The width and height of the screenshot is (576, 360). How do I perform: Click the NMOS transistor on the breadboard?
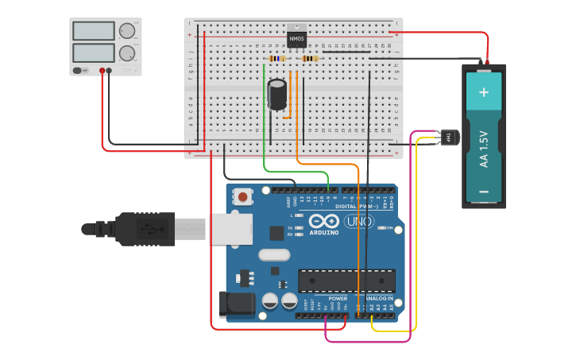(296, 38)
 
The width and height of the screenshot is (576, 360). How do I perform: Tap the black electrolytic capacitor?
(277, 94)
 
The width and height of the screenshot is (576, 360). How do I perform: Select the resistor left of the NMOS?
(276, 59)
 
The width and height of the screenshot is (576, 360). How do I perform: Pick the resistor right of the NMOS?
(310, 59)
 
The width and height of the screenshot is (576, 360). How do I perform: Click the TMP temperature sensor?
(450, 137)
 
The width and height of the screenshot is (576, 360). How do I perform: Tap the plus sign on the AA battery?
(484, 92)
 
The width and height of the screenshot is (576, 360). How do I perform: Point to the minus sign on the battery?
(484, 192)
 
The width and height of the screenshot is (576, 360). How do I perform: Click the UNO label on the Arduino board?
(358, 223)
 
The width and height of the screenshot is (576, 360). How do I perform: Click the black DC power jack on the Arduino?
(236, 304)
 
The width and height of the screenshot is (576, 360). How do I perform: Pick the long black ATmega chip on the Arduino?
(346, 281)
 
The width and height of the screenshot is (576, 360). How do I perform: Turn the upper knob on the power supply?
(127, 32)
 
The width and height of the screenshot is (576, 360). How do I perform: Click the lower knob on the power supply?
(127, 53)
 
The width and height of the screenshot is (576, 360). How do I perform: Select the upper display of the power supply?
(94, 31)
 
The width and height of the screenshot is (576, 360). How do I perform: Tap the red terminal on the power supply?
(102, 71)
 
